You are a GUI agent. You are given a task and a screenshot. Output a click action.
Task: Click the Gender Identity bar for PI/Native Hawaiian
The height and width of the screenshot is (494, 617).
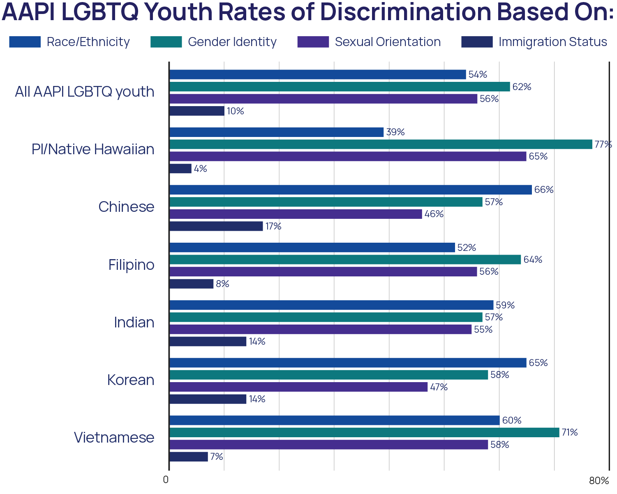[x=381, y=144]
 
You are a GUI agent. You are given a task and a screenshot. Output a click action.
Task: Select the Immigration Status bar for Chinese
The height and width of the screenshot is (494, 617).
[x=216, y=226]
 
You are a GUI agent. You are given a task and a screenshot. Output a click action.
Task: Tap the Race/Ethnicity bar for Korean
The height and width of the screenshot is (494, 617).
[x=348, y=363]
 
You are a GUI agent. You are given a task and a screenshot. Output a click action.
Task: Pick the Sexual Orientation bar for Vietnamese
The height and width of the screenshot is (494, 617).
[x=329, y=445]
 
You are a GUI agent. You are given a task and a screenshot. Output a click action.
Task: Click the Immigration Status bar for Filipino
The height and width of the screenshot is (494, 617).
[x=192, y=284]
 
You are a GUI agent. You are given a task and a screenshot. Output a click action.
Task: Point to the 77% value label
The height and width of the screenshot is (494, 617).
[x=603, y=144]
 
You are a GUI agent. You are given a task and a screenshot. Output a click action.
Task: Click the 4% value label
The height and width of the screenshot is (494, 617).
[x=200, y=169]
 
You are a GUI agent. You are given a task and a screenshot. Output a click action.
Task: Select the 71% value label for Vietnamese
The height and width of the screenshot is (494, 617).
[x=570, y=432]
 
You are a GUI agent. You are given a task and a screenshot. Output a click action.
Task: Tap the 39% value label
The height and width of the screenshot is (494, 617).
[x=395, y=132]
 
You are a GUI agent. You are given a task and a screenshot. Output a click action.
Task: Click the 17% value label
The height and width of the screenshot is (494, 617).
[x=273, y=226]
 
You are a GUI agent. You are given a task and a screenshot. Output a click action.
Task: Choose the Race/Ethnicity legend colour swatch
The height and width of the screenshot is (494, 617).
[x=25, y=42]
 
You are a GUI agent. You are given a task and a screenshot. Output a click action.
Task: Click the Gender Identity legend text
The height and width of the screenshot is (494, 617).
[x=232, y=42]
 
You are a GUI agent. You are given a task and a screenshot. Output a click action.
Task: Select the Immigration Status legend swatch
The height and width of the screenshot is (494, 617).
[x=477, y=42]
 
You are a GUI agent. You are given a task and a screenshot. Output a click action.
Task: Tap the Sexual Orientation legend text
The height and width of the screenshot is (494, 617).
[x=387, y=42]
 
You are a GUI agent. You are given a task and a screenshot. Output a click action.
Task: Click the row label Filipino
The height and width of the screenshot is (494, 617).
[x=132, y=265]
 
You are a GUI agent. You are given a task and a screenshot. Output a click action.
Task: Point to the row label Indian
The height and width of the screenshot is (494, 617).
[x=134, y=322]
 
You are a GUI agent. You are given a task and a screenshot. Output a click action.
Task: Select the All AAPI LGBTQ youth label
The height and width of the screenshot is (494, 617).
[x=85, y=92]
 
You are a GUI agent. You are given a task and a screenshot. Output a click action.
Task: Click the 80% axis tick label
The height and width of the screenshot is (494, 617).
[x=599, y=481]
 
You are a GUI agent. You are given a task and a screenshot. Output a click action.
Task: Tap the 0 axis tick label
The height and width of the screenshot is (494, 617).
[x=166, y=480]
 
